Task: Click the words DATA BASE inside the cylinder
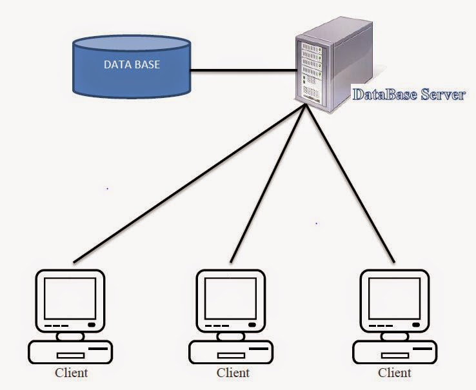coord(132,65)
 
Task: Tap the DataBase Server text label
coord(408,95)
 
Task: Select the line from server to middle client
coord(268,187)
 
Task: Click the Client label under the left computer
coord(71,373)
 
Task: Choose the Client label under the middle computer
coord(233,373)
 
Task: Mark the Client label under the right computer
coord(394,373)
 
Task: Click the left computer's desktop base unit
coord(71,352)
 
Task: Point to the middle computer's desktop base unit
coord(232,352)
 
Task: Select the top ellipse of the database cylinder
coord(132,46)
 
